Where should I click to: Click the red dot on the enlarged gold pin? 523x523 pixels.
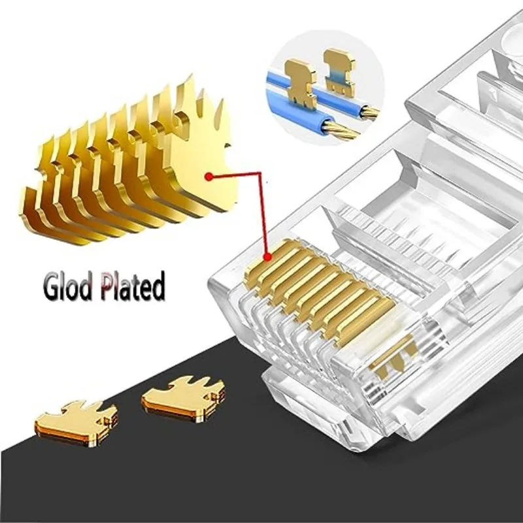(208, 176)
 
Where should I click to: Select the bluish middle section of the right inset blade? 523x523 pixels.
(337, 76)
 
